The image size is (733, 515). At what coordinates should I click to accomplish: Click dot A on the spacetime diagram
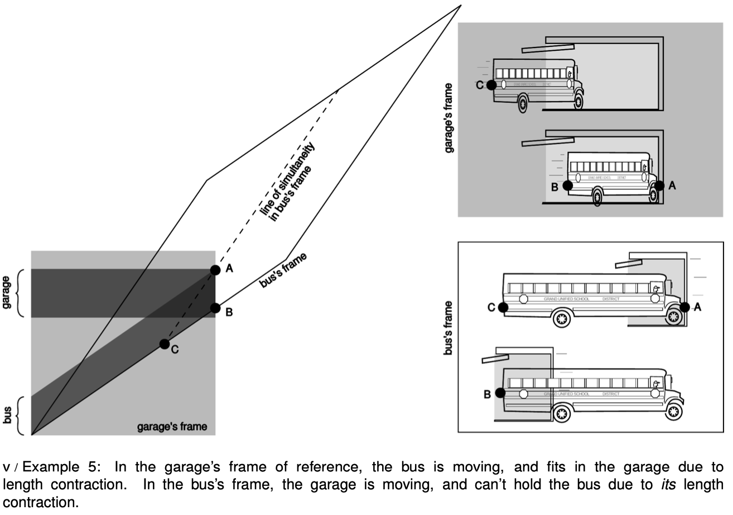tap(215, 270)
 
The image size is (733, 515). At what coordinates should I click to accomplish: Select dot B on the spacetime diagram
tap(215, 308)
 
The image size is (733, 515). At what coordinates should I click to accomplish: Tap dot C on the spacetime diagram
tap(164, 344)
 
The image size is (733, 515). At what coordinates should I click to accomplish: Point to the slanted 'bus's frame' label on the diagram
tap(283, 270)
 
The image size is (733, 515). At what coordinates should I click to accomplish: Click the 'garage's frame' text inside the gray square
tap(172, 427)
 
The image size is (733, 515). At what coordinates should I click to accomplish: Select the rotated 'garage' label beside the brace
tap(7, 293)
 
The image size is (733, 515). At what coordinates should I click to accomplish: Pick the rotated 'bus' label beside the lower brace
tap(7, 416)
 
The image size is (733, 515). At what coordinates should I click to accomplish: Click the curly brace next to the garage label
tap(21, 293)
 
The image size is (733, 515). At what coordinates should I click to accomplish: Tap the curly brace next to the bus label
tap(21, 416)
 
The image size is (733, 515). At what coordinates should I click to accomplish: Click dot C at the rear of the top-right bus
tap(491, 85)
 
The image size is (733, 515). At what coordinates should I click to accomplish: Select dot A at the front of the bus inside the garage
tap(659, 185)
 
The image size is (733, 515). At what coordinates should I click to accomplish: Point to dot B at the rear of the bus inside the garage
tap(567, 185)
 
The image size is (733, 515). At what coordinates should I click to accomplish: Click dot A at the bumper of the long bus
tap(685, 307)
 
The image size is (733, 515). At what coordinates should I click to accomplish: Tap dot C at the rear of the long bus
tap(503, 307)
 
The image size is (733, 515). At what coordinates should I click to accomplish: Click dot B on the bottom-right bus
tap(500, 393)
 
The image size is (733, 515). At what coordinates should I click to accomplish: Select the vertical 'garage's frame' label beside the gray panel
tap(449, 118)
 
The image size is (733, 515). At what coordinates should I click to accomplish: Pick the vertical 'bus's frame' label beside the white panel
tap(449, 328)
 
